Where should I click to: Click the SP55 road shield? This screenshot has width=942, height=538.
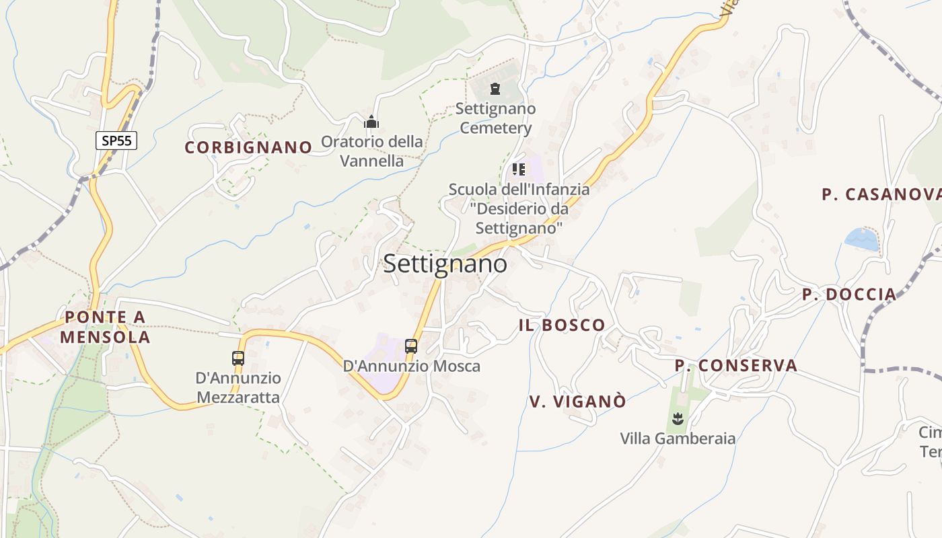[116, 141]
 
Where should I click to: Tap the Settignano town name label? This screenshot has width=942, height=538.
[445, 264]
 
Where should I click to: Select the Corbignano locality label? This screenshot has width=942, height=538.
[248, 147]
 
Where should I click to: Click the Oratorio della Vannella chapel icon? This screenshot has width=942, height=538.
[371, 122]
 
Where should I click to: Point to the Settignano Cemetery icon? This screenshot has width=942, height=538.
[495, 89]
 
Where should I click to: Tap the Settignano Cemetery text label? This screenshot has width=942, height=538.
[496, 118]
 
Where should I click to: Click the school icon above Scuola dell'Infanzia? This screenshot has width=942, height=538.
[518, 169]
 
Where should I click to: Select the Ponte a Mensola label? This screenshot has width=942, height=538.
[105, 327]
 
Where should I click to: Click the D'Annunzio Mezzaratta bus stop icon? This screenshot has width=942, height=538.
[238, 358]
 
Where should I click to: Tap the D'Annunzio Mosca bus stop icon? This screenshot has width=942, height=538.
[411, 346]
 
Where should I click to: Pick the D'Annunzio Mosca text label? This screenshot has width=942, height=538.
[412, 367]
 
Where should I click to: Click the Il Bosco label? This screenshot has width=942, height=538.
[562, 325]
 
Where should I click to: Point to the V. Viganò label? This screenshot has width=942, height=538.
[577, 401]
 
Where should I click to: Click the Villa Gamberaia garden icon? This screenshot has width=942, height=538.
[678, 420]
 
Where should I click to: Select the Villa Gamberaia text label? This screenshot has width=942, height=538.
[678, 439]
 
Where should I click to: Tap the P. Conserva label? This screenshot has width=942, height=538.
[736, 366]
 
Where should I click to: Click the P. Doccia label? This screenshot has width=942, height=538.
[849, 295]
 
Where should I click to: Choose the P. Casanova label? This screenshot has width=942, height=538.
[881, 195]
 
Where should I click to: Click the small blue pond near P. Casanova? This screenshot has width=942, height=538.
[862, 239]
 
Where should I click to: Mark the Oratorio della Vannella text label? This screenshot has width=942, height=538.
[371, 151]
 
